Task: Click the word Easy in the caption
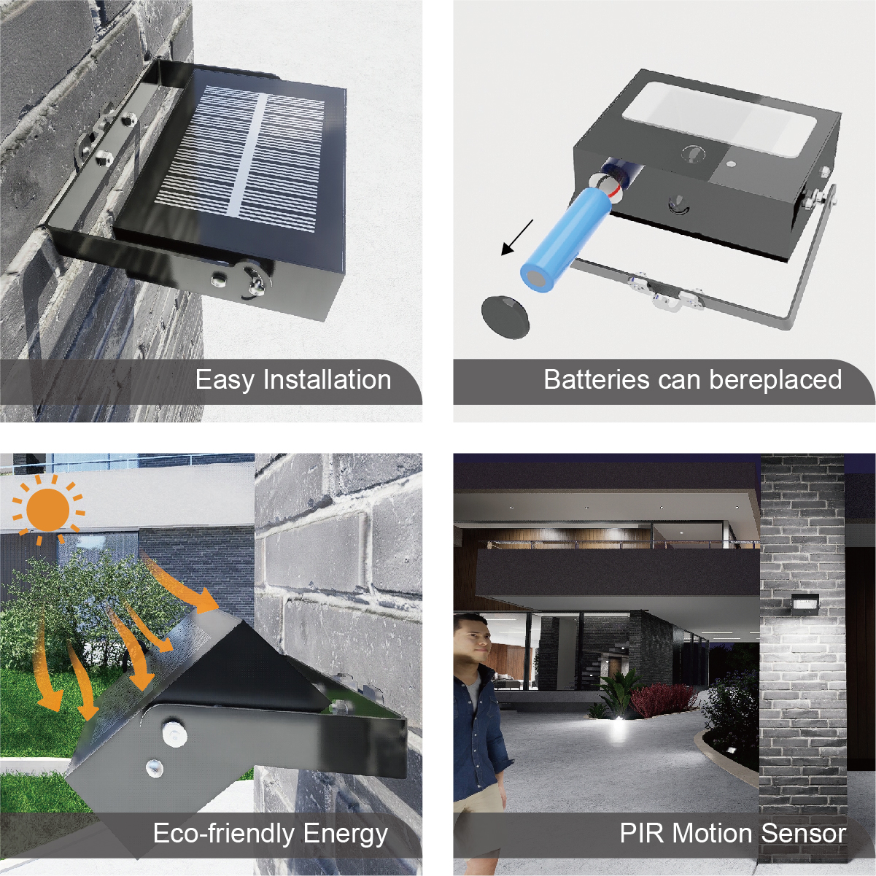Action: [x=225, y=381]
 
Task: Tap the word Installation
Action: [x=327, y=379]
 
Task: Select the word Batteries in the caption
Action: [x=597, y=379]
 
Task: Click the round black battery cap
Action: [x=505, y=316]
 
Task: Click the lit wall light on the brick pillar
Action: [x=805, y=603]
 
